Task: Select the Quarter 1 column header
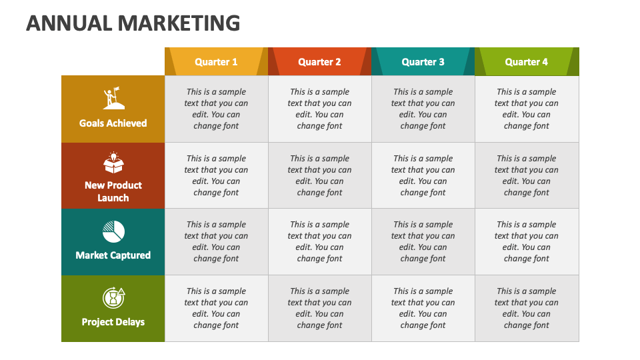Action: (x=216, y=62)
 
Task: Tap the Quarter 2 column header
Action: (x=319, y=62)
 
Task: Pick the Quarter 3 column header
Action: (x=423, y=62)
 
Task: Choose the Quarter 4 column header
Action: (x=526, y=62)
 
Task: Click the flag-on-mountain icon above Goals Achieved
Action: (x=113, y=99)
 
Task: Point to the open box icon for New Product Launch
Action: (x=113, y=163)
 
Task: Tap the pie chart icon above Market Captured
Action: (x=113, y=232)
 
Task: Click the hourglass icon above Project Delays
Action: (x=113, y=297)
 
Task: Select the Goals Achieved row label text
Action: (x=113, y=123)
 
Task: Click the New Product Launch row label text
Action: (x=113, y=191)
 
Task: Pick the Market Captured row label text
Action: (x=113, y=255)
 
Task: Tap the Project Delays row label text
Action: (x=113, y=322)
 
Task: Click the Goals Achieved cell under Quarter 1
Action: (x=216, y=109)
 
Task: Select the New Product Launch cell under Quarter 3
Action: (x=423, y=175)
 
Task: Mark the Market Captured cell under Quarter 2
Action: (x=319, y=241)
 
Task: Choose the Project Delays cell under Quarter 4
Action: (x=526, y=308)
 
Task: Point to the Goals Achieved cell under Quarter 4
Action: (x=526, y=109)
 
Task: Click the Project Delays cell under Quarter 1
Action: (x=216, y=308)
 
